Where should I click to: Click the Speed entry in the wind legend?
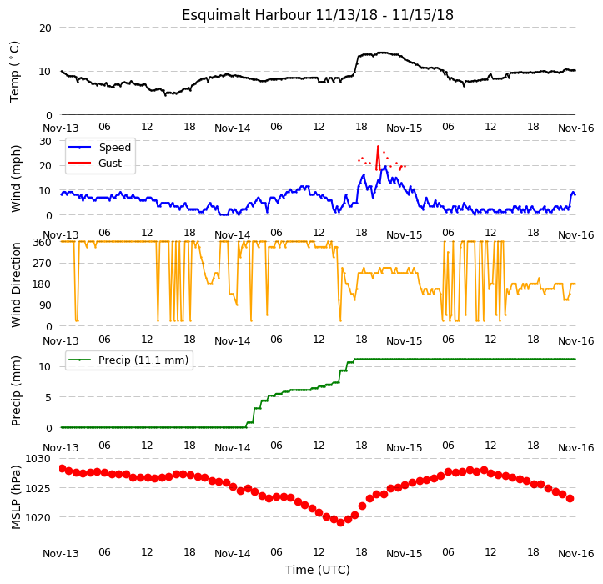tap(100, 148)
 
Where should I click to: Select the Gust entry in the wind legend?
tap(95, 164)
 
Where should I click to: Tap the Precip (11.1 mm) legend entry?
tap(128, 360)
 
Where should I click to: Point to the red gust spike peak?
tap(378, 147)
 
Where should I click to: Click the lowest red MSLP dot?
tap(340, 523)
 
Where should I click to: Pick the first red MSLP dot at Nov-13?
tap(63, 468)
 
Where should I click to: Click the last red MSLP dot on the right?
tap(570, 499)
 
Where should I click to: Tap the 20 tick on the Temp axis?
tap(45, 28)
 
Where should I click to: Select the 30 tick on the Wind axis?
tap(45, 142)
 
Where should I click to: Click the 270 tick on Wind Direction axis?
tap(43, 264)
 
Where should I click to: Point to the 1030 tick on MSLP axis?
tap(38, 459)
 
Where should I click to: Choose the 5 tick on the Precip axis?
tap(48, 397)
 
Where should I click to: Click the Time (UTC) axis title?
tap(318, 570)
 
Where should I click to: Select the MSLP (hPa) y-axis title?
tap(16, 497)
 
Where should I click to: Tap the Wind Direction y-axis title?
tap(16, 285)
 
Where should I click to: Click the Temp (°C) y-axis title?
tap(15, 72)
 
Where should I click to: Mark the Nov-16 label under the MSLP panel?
tap(576, 554)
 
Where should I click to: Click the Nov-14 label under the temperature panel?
tap(233, 128)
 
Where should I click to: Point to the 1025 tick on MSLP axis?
tap(38, 489)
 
